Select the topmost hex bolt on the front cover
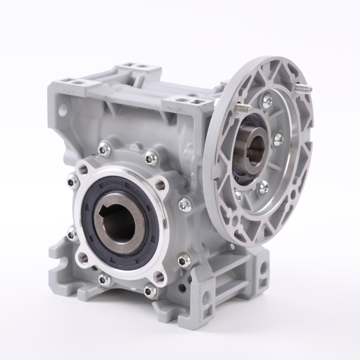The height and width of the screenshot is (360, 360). pyautogui.click(x=151, y=157)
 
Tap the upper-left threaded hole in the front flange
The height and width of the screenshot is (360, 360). pyautogui.click(x=83, y=169)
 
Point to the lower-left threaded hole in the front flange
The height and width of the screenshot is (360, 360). pyautogui.click(x=83, y=257)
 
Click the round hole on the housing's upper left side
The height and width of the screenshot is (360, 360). pyautogui.click(x=61, y=108)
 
